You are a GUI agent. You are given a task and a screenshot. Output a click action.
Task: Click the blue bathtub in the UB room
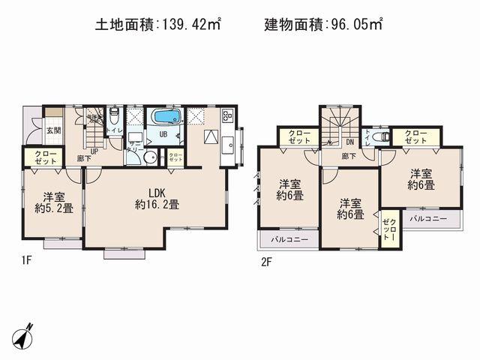click(x=165, y=118)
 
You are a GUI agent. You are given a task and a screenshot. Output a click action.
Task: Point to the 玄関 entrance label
click(x=55, y=130)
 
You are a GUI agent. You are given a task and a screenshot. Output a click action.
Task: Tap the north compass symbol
click(x=25, y=334)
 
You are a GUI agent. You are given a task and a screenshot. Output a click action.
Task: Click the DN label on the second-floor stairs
click(x=349, y=142)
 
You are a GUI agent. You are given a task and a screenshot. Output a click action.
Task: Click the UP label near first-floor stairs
click(x=94, y=150)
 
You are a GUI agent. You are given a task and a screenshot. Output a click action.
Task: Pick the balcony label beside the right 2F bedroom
click(x=428, y=218)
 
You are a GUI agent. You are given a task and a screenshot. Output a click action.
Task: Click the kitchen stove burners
click(x=227, y=118)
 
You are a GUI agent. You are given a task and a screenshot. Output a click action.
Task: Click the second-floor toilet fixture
click(x=380, y=137)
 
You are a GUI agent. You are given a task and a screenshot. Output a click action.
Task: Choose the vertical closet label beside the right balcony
click(x=388, y=228)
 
